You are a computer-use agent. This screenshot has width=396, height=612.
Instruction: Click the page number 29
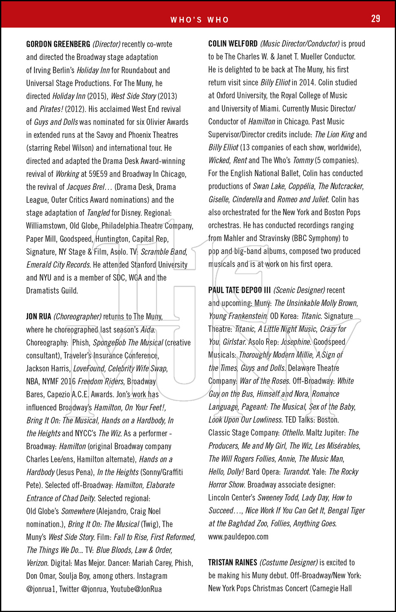(x=375, y=19)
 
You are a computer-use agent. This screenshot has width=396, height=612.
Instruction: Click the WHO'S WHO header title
(x=199, y=20)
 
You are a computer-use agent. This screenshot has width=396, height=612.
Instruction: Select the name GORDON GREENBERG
(x=58, y=44)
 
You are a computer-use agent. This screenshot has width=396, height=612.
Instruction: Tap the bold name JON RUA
(x=39, y=317)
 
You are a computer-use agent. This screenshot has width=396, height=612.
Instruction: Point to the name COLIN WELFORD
(x=233, y=44)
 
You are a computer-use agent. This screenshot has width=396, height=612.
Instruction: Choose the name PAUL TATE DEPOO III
(x=239, y=290)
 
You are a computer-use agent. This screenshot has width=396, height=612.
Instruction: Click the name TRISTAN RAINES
(x=232, y=563)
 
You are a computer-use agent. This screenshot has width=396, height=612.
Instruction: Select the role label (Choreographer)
(x=77, y=317)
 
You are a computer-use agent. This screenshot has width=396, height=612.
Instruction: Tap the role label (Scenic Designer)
(x=299, y=290)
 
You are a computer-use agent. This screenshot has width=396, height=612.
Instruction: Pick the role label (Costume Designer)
(x=288, y=563)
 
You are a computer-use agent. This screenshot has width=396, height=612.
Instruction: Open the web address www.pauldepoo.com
(x=238, y=537)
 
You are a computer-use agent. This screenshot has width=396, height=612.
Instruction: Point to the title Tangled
(x=98, y=213)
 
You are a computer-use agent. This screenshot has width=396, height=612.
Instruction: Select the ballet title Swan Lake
(x=269, y=186)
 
